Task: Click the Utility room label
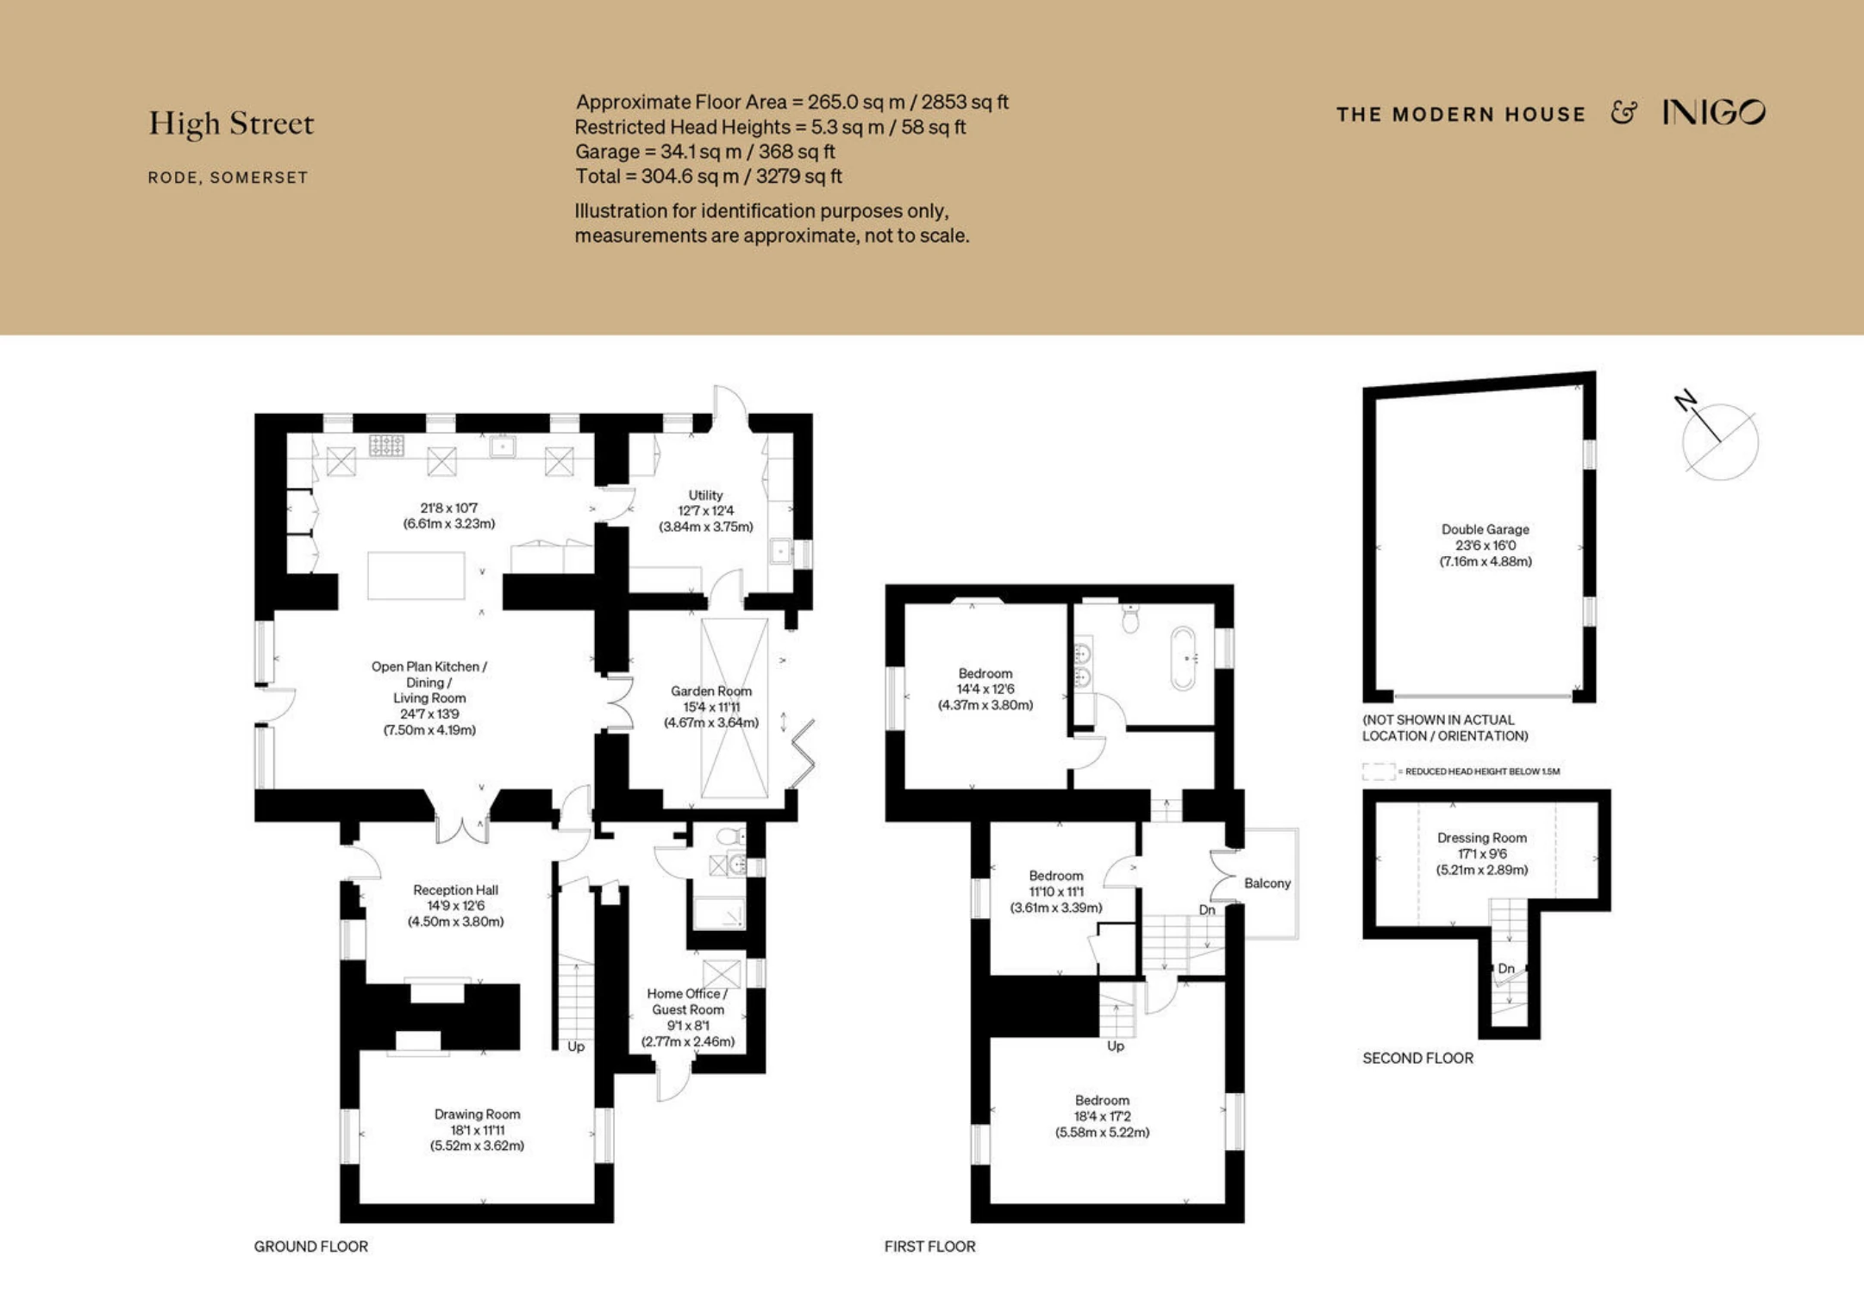pyautogui.click(x=705, y=495)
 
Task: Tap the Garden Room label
pyautogui.click(x=711, y=690)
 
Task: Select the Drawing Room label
pyautogui.click(x=477, y=1114)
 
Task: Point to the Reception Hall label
pyautogui.click(x=455, y=890)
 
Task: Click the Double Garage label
pyautogui.click(x=1486, y=529)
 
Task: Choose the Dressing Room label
pyautogui.click(x=1482, y=837)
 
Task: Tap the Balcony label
pyautogui.click(x=1267, y=883)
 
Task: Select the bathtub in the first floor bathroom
pyautogui.click(x=1183, y=658)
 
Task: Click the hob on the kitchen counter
pyautogui.click(x=386, y=445)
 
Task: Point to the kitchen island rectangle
pyautogui.click(x=416, y=575)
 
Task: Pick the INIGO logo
pyautogui.click(x=1714, y=113)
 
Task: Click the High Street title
pyautogui.click(x=231, y=123)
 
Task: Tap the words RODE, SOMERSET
pyautogui.click(x=228, y=178)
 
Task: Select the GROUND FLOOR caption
pyautogui.click(x=310, y=1246)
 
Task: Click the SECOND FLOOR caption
pyautogui.click(x=1417, y=1058)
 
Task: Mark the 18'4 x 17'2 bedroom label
pyautogui.click(x=1102, y=1116)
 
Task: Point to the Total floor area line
pyautogui.click(x=708, y=176)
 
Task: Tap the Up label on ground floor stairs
pyautogui.click(x=576, y=1046)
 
